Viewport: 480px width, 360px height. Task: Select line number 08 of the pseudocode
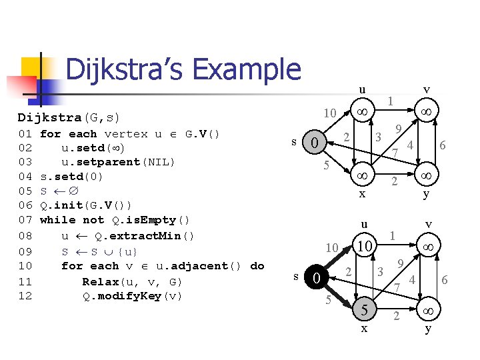coord(25,235)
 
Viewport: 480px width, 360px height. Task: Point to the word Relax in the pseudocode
coord(101,281)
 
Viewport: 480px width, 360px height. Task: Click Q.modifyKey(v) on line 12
coord(132,296)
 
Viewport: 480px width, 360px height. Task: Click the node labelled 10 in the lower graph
coord(363,246)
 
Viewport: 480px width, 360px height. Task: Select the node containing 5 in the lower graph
coord(363,309)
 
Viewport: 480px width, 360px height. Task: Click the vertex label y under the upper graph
coord(426,195)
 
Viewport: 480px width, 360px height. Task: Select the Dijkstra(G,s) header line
coord(69,117)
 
